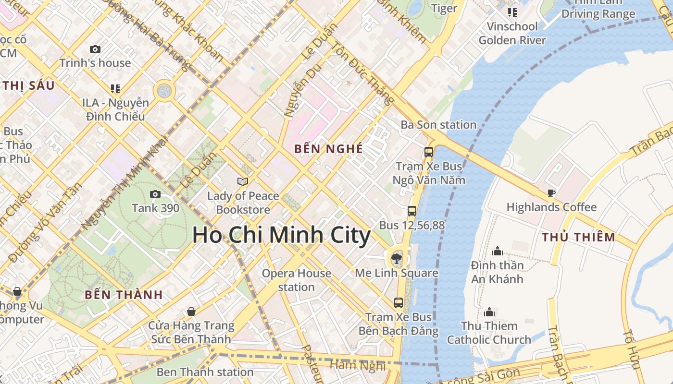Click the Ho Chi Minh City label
click(281, 236)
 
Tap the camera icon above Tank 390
click(155, 194)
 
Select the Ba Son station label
click(438, 125)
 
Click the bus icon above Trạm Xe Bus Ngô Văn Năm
click(428, 152)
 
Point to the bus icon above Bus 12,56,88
click(412, 211)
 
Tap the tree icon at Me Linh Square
click(397, 259)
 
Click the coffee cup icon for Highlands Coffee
click(551, 193)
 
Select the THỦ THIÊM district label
click(578, 237)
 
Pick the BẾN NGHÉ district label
click(329, 149)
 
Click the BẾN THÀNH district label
click(124, 295)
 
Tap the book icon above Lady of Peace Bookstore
click(243, 181)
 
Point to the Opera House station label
click(296, 280)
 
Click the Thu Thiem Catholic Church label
click(489, 333)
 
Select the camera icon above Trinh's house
click(95, 49)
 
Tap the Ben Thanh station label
click(205, 372)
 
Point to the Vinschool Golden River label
click(512, 33)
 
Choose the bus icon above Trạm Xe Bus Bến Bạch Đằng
click(399, 303)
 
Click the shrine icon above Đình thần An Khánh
click(498, 251)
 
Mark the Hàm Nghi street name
click(358, 366)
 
